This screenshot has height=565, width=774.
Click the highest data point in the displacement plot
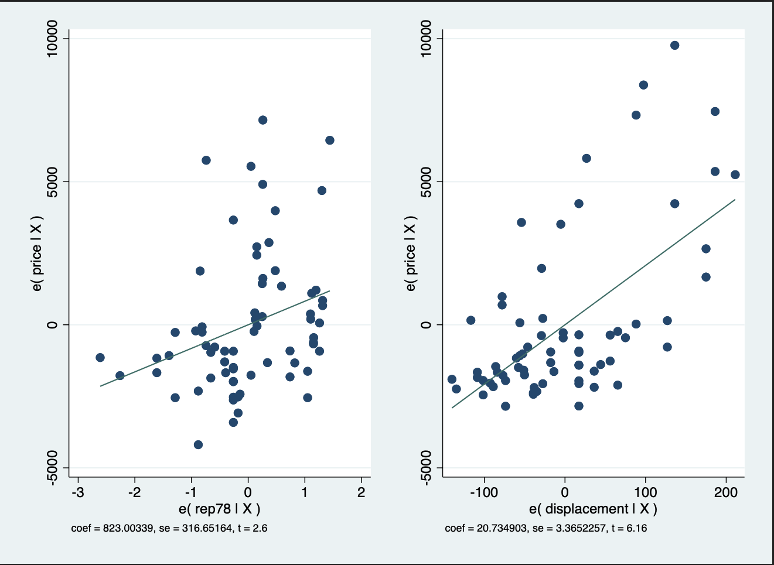(x=674, y=45)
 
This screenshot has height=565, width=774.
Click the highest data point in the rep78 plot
(x=262, y=120)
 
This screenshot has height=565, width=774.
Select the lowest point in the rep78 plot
(x=198, y=444)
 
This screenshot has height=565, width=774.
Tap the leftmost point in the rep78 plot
(x=100, y=357)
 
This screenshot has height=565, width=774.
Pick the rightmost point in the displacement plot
(x=735, y=174)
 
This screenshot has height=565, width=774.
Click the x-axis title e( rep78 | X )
(x=219, y=509)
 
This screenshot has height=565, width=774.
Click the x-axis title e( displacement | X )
(x=593, y=509)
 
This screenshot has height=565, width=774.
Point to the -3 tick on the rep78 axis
(x=77, y=492)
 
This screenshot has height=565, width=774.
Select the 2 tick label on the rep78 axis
(x=361, y=492)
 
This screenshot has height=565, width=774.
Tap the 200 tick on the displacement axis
(x=726, y=492)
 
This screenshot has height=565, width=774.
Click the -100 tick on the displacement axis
(x=484, y=492)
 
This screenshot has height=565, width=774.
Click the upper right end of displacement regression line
(x=735, y=199)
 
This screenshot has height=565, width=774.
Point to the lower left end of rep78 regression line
(x=101, y=386)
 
